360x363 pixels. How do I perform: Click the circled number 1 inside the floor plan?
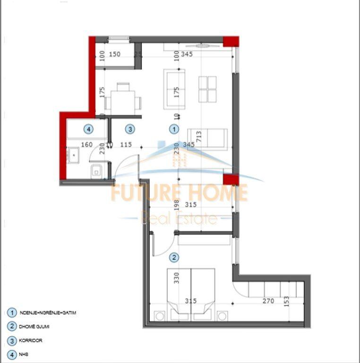[174, 129]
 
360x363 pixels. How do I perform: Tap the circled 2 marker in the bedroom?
[174, 258]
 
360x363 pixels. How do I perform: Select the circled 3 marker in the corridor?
[130, 129]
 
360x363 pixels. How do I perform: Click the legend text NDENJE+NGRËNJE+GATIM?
[48, 313]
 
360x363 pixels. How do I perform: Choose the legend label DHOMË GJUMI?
[34, 326]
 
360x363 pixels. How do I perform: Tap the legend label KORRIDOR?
[32, 340]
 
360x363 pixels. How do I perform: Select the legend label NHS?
[24, 354]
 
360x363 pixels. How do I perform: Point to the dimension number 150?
[115, 54]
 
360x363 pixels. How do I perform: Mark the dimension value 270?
[268, 301]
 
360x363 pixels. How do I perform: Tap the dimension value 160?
[87, 145]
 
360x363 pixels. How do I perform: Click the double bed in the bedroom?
[191, 291]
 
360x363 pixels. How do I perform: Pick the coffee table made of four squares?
[208, 89]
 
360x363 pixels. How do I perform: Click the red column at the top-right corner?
[231, 42]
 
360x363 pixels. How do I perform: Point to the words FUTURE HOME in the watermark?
[179, 193]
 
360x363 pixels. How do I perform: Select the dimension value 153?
[286, 302]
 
